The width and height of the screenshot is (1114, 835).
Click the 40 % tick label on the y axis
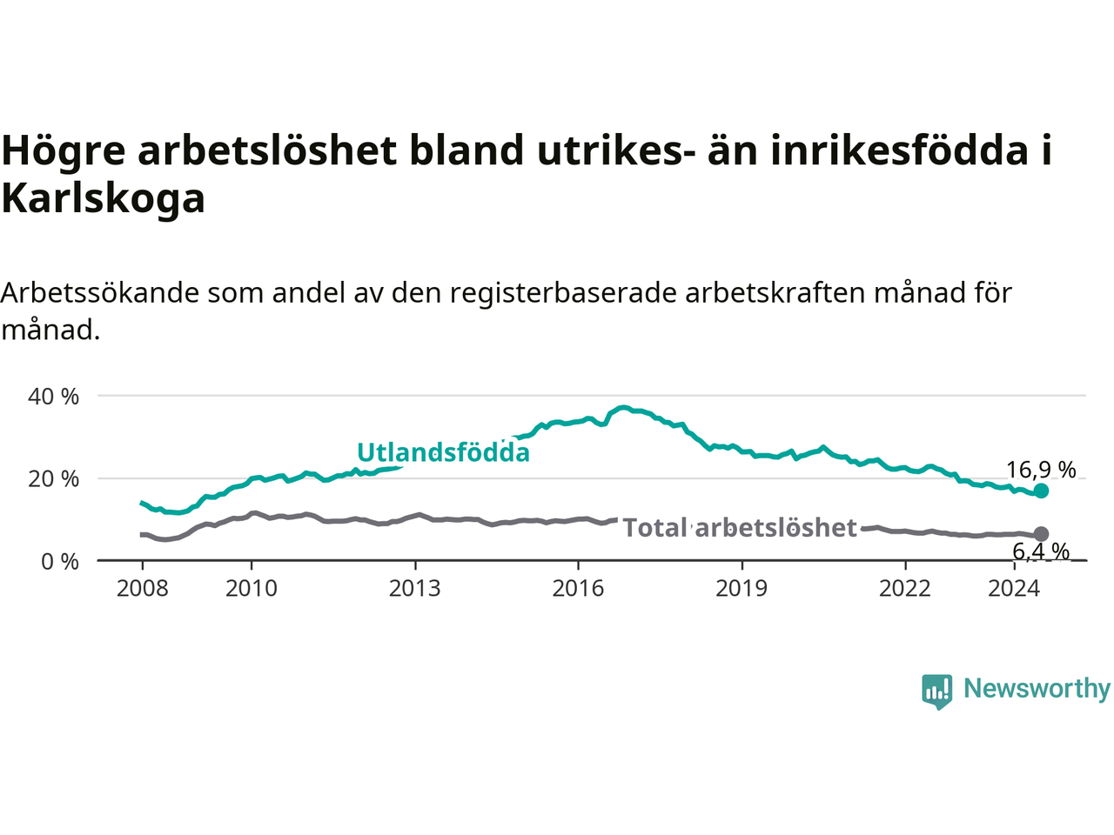(53, 397)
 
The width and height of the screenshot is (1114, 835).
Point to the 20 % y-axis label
(53, 479)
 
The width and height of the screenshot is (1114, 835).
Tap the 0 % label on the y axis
(60, 562)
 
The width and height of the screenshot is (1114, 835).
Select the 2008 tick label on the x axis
(142, 589)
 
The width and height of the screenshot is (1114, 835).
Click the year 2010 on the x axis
(252, 589)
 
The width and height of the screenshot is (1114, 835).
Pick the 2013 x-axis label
(414, 589)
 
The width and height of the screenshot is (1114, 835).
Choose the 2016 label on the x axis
(578, 589)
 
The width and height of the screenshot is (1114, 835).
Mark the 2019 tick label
(742, 589)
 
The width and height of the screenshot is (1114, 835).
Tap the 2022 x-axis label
(905, 589)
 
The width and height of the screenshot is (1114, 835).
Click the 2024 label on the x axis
(1014, 589)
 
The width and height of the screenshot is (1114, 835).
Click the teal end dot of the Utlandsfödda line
(1041, 491)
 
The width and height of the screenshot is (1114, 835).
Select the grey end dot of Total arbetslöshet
(1041, 534)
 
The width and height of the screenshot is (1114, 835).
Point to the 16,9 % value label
(1041, 470)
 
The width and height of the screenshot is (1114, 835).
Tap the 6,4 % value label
(1041, 551)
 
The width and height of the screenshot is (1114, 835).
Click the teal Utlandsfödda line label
(443, 452)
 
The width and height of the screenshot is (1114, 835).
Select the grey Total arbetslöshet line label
(740, 527)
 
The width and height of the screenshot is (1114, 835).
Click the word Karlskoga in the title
(103, 198)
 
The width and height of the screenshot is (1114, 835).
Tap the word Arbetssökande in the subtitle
(100, 293)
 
